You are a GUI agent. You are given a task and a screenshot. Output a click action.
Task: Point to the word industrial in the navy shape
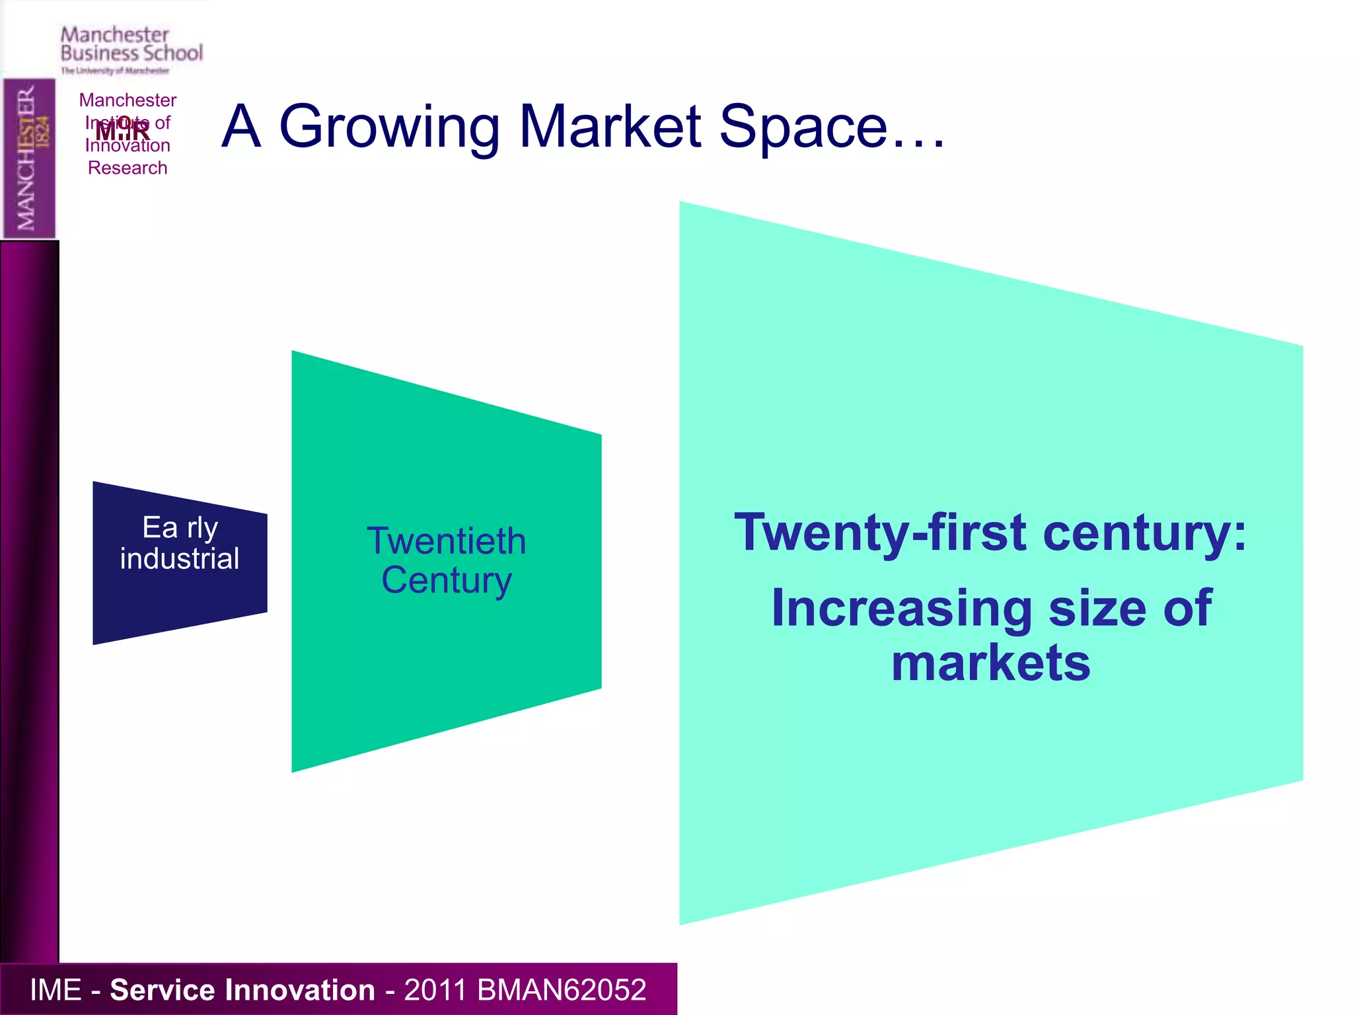pos(179,558)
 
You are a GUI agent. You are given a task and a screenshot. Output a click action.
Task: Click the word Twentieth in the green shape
pos(447,541)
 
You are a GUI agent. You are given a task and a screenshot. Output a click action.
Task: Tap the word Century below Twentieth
pos(447,581)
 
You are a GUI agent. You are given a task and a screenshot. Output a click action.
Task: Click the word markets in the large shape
pos(991,663)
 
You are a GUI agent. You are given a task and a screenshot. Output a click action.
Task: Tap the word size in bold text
pos(1096,608)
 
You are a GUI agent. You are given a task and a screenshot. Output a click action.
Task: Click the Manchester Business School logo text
pos(131,45)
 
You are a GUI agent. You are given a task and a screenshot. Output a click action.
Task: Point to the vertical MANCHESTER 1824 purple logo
pos(29,158)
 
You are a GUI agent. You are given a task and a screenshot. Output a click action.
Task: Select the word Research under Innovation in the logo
pos(128,168)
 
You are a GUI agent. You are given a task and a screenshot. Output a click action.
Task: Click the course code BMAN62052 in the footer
pos(561,990)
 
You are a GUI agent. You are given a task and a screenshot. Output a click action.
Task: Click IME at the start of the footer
pos(55,990)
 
